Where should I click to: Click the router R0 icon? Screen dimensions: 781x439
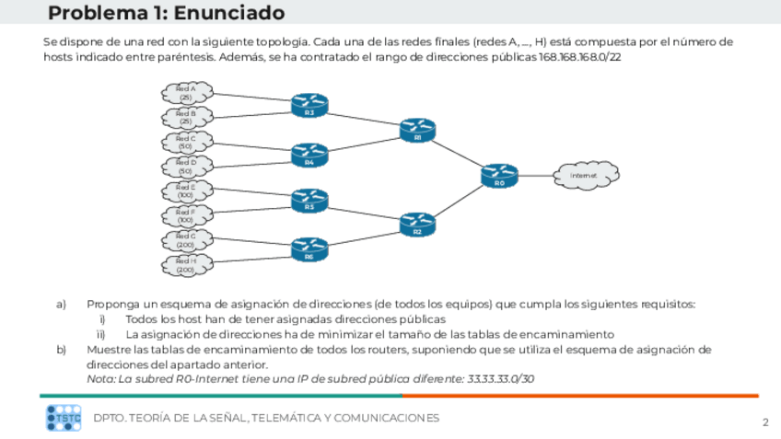499,172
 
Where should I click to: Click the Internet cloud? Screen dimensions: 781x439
585,174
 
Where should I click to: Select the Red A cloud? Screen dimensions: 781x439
186,92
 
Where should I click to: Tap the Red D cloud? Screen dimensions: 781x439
186,166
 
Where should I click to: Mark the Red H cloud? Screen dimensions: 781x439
186,265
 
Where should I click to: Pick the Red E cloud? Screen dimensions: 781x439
186,191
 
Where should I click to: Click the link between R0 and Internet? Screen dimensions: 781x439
537,173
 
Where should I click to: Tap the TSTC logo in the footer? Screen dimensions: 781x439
64,418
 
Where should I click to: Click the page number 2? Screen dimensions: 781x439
764,422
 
